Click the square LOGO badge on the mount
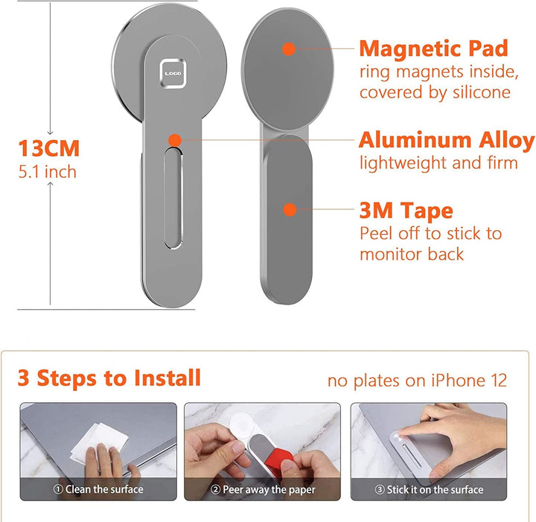click(173, 74)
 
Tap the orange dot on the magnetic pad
click(289, 49)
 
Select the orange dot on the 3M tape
click(290, 209)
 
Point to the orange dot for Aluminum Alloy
click(175, 140)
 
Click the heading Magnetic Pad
click(434, 48)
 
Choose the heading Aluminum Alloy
click(447, 140)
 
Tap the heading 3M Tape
click(406, 210)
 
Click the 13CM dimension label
click(49, 148)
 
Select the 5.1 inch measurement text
click(48, 171)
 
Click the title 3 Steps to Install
click(109, 378)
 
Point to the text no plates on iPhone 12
click(417, 381)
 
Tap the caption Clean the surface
click(98, 489)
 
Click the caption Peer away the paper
click(263, 489)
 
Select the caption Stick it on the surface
click(429, 489)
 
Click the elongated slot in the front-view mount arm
click(173, 198)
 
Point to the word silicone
click(482, 92)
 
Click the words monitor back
click(412, 255)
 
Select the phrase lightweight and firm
click(438, 163)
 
